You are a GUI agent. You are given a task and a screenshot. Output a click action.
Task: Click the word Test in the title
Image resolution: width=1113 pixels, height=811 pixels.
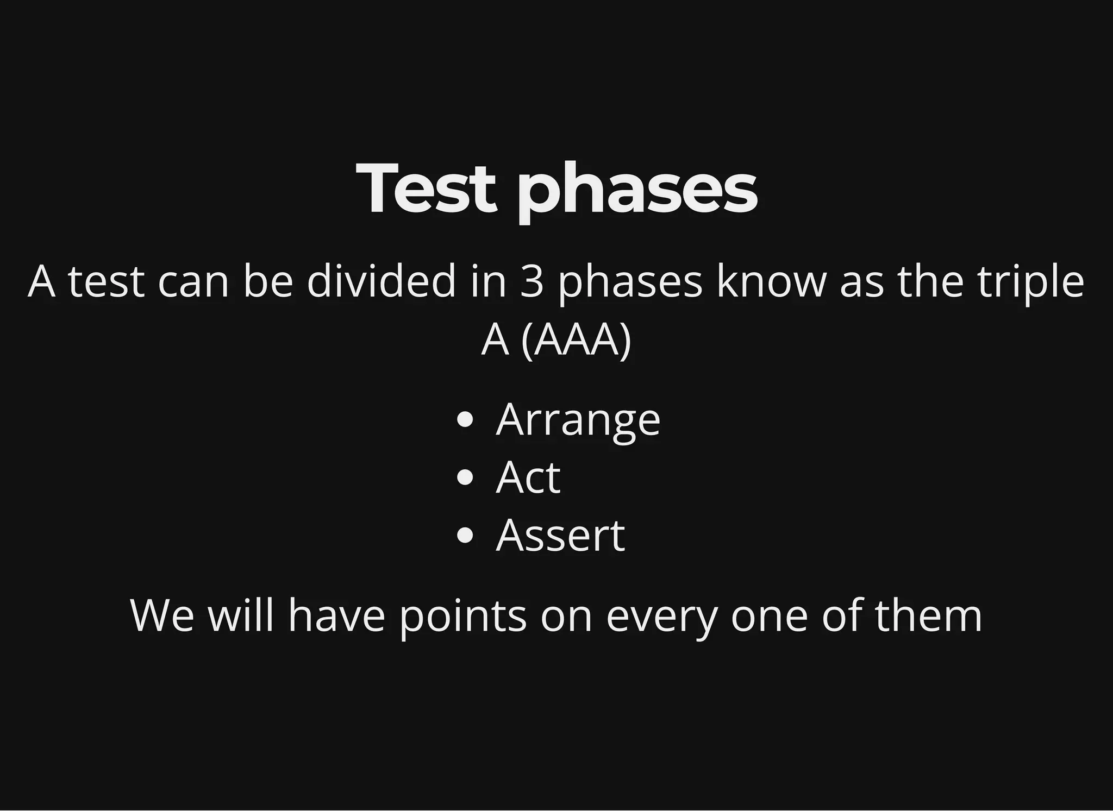pyautogui.click(x=427, y=188)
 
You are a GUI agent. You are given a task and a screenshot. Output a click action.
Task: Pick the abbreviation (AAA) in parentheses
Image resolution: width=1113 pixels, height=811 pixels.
pyautogui.click(x=576, y=341)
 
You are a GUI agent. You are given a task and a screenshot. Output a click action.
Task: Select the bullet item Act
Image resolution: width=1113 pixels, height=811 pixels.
pyautogui.click(x=528, y=477)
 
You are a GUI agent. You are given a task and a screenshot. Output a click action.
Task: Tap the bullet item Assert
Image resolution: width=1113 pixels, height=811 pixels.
pyautogui.click(x=560, y=536)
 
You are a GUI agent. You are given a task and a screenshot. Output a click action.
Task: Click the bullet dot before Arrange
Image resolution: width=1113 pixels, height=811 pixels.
pyautogui.click(x=465, y=420)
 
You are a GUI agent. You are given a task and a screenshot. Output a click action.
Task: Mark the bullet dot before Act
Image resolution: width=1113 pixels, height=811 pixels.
pyautogui.click(x=465, y=478)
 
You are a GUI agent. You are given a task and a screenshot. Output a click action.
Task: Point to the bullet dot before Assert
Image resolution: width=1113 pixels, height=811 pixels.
pyautogui.click(x=465, y=536)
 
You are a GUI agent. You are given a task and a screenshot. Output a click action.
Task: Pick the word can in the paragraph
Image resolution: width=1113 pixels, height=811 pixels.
pyautogui.click(x=193, y=282)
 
